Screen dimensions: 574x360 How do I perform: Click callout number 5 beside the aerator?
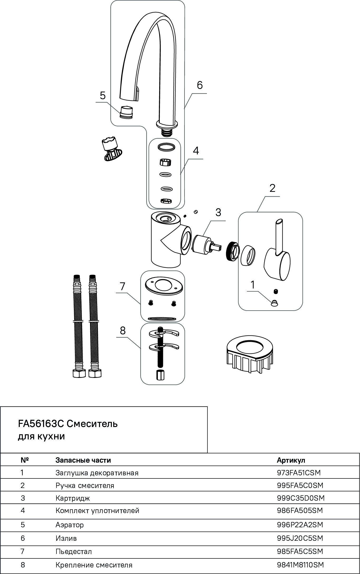point(103,95)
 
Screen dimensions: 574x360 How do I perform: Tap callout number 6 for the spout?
point(200,85)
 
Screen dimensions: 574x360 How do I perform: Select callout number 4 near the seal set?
point(196,151)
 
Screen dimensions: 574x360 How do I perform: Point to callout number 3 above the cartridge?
point(218,212)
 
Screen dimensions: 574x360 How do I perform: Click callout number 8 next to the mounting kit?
point(123,330)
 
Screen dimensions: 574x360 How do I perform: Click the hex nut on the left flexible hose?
point(79,373)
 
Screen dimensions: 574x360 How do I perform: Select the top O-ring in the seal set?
point(166,147)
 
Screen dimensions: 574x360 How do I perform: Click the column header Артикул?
point(291,460)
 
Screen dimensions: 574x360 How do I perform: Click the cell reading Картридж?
point(73,498)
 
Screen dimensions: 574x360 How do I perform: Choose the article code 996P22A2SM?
point(300,525)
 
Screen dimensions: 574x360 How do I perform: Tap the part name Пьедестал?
point(74,552)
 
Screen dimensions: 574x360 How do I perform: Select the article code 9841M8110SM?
point(300,565)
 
